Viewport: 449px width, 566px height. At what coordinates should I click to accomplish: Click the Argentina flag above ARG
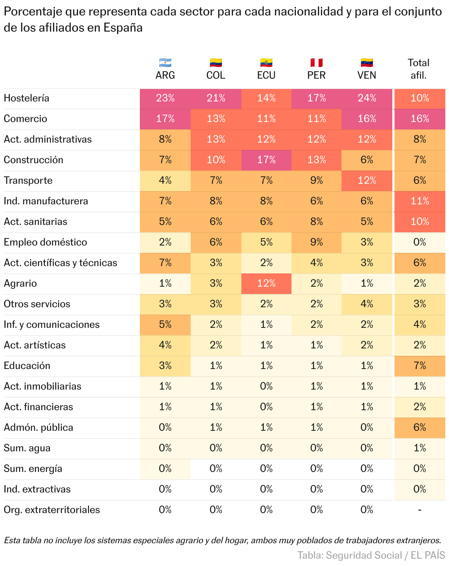[165, 63]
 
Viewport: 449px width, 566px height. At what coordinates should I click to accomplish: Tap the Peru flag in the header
[317, 63]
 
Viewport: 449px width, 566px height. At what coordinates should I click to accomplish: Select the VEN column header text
[367, 75]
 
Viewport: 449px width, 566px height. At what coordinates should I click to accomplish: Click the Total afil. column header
[419, 69]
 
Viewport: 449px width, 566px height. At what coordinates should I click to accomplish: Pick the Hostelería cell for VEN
[367, 98]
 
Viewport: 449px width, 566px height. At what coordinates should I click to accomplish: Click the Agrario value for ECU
[266, 283]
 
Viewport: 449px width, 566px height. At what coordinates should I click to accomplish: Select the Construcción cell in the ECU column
[266, 160]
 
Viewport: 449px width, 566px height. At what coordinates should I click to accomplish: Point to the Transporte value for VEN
[367, 180]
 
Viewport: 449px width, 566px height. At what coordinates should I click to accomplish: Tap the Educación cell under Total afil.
[420, 366]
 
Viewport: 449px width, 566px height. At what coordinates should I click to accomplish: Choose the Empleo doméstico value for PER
[317, 242]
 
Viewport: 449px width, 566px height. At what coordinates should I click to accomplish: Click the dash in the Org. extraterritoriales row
[420, 510]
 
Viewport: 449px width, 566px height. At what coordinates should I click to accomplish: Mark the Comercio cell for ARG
[165, 119]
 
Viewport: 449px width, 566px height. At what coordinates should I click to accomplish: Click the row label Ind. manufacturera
[46, 201]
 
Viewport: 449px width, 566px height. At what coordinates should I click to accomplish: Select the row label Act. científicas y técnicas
[60, 263]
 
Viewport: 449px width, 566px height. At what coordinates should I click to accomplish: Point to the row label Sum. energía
[33, 469]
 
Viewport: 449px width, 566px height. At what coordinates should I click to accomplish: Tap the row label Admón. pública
[39, 427]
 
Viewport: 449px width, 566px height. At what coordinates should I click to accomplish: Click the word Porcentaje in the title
[33, 12]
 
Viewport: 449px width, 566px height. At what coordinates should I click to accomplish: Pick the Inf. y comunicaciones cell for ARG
[165, 325]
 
